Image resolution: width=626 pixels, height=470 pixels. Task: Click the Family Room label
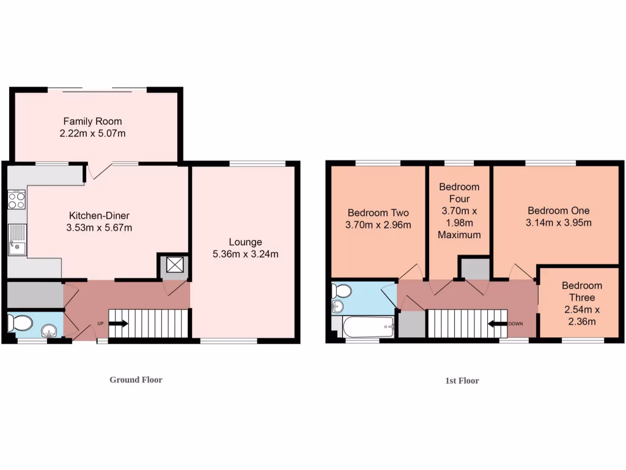click(92, 121)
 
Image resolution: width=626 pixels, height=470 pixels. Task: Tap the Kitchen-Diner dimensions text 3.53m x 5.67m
click(99, 228)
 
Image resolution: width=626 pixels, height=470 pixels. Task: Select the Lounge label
click(245, 242)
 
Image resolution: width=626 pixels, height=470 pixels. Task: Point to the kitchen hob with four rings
click(16, 200)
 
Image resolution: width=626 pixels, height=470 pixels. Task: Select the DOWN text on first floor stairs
click(516, 324)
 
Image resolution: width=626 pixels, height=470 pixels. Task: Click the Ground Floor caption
click(136, 379)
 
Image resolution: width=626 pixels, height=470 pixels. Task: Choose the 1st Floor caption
click(462, 381)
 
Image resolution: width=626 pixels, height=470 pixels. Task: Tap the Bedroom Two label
click(378, 213)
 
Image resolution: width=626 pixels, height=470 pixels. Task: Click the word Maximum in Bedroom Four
click(459, 234)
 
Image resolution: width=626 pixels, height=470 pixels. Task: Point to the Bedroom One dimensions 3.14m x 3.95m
click(558, 223)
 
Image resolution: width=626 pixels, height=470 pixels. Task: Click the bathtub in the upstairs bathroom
click(368, 327)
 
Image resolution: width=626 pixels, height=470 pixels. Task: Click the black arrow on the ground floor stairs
click(118, 324)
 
